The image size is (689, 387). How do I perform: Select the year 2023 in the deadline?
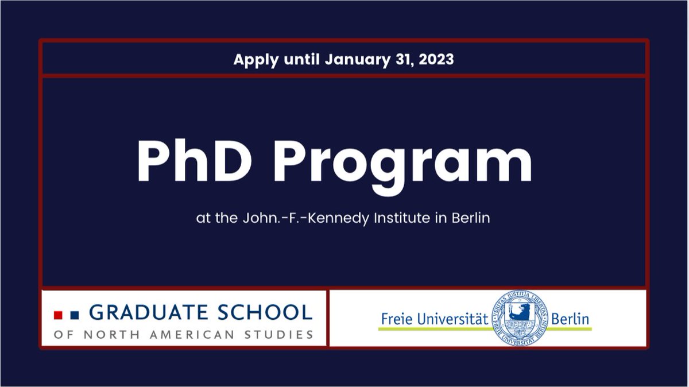tap(433, 59)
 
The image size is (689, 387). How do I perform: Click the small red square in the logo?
tap(57, 315)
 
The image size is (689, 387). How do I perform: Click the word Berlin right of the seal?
tap(571, 319)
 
